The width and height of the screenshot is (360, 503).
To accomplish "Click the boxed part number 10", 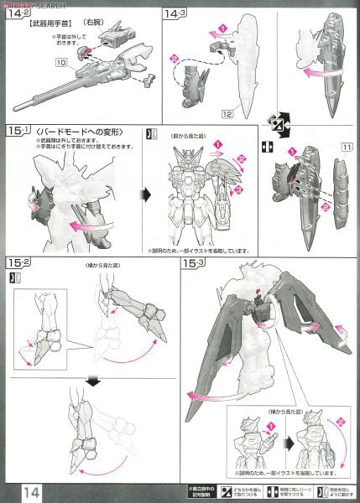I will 60,63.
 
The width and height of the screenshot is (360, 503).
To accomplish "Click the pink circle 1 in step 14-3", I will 222,29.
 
